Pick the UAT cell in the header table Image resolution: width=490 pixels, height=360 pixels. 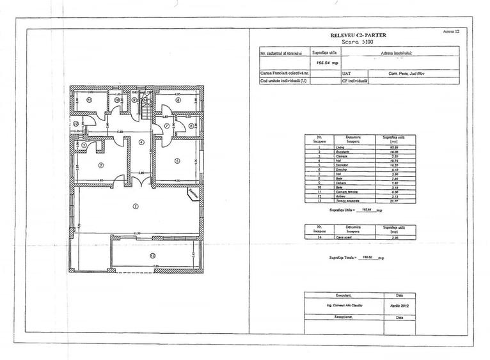(345, 74)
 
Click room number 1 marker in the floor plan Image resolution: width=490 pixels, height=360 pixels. (135, 206)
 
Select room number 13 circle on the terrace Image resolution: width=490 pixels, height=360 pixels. (152, 256)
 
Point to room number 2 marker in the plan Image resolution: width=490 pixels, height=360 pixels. (100, 165)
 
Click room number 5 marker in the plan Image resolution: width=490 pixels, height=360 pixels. (177, 160)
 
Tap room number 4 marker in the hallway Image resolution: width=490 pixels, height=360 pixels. (141, 143)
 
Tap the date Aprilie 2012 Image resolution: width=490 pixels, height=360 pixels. (399, 306)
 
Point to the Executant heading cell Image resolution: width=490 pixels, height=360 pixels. (344, 296)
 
